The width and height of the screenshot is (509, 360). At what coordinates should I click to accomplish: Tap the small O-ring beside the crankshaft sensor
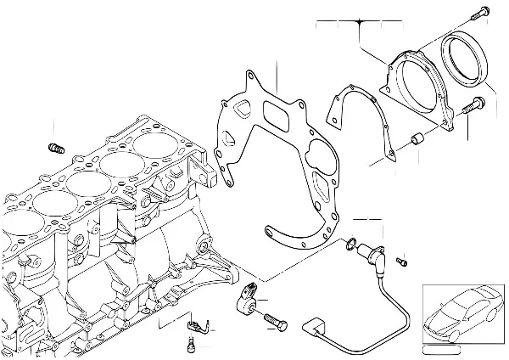click(350, 248)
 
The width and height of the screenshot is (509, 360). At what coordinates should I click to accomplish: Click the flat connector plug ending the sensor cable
click(311, 324)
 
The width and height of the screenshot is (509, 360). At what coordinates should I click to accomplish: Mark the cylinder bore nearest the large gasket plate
click(161, 144)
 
